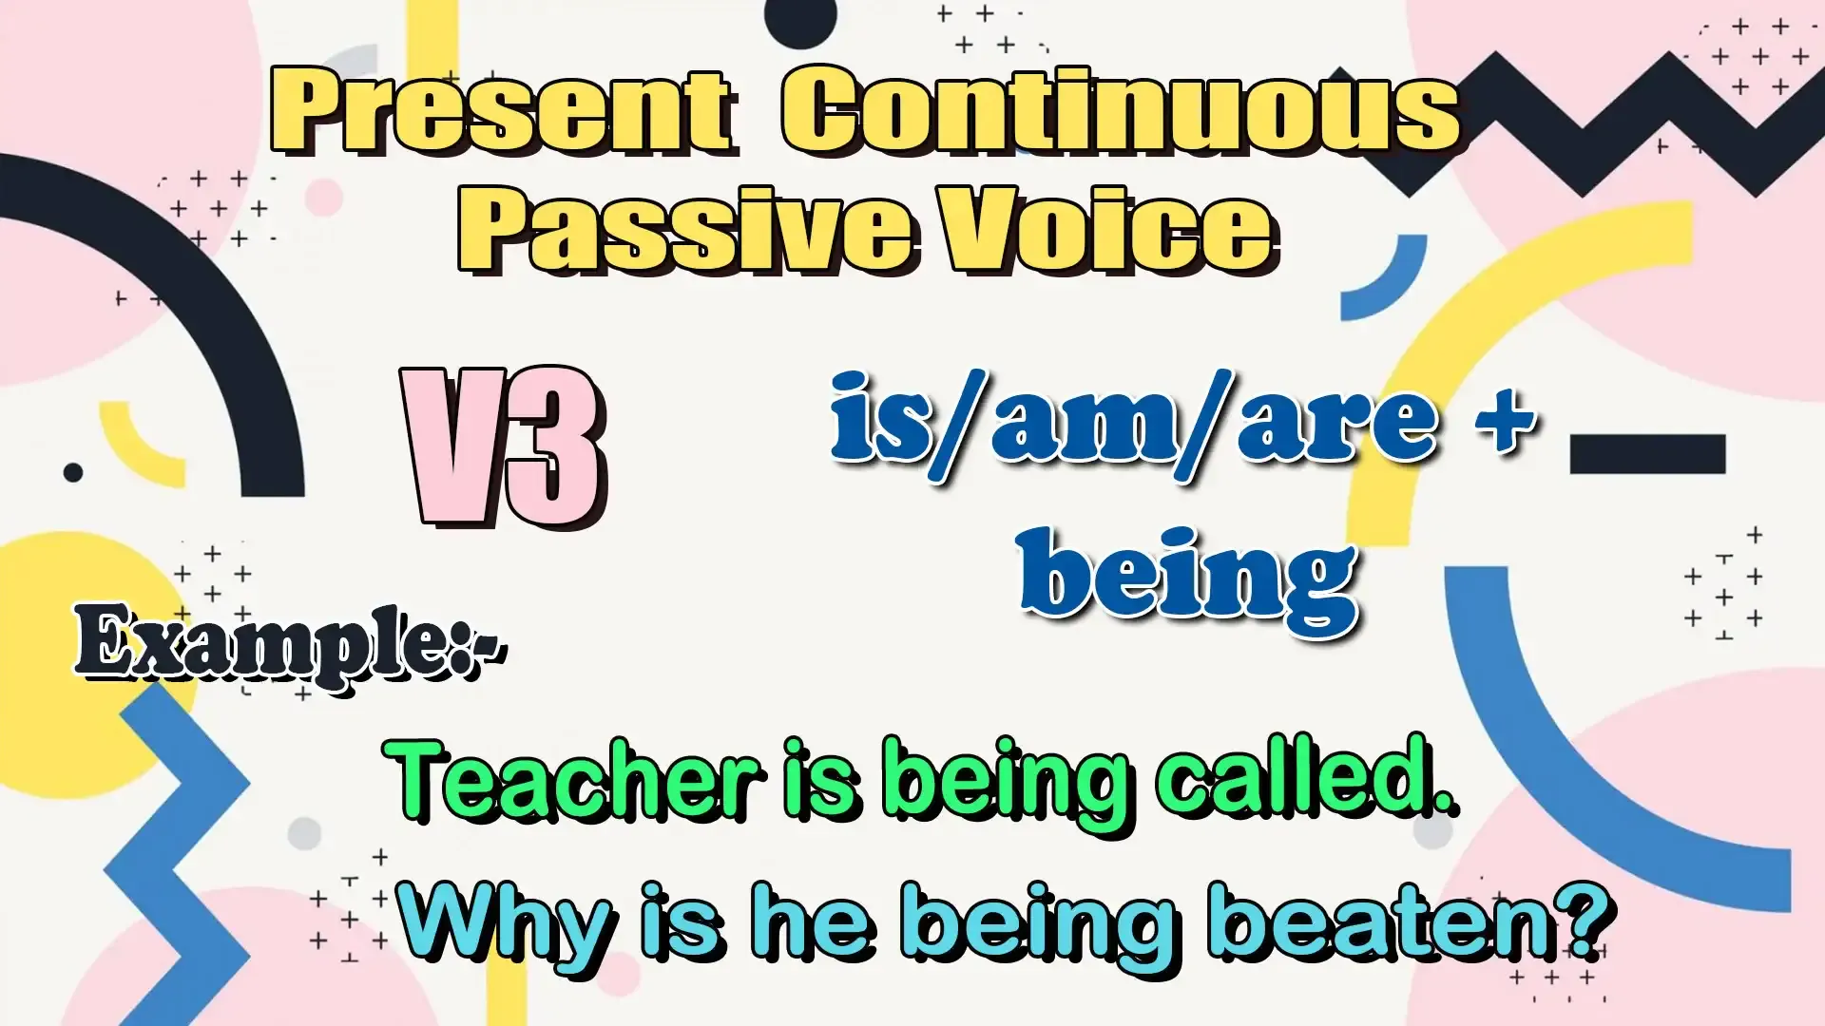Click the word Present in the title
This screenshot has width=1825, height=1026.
click(505, 112)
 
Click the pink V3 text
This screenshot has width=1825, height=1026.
click(504, 446)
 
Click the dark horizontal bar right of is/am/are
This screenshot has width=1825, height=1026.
click(1647, 454)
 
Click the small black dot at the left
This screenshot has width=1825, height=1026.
click(73, 472)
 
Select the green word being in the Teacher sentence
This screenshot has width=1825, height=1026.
click(1008, 784)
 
